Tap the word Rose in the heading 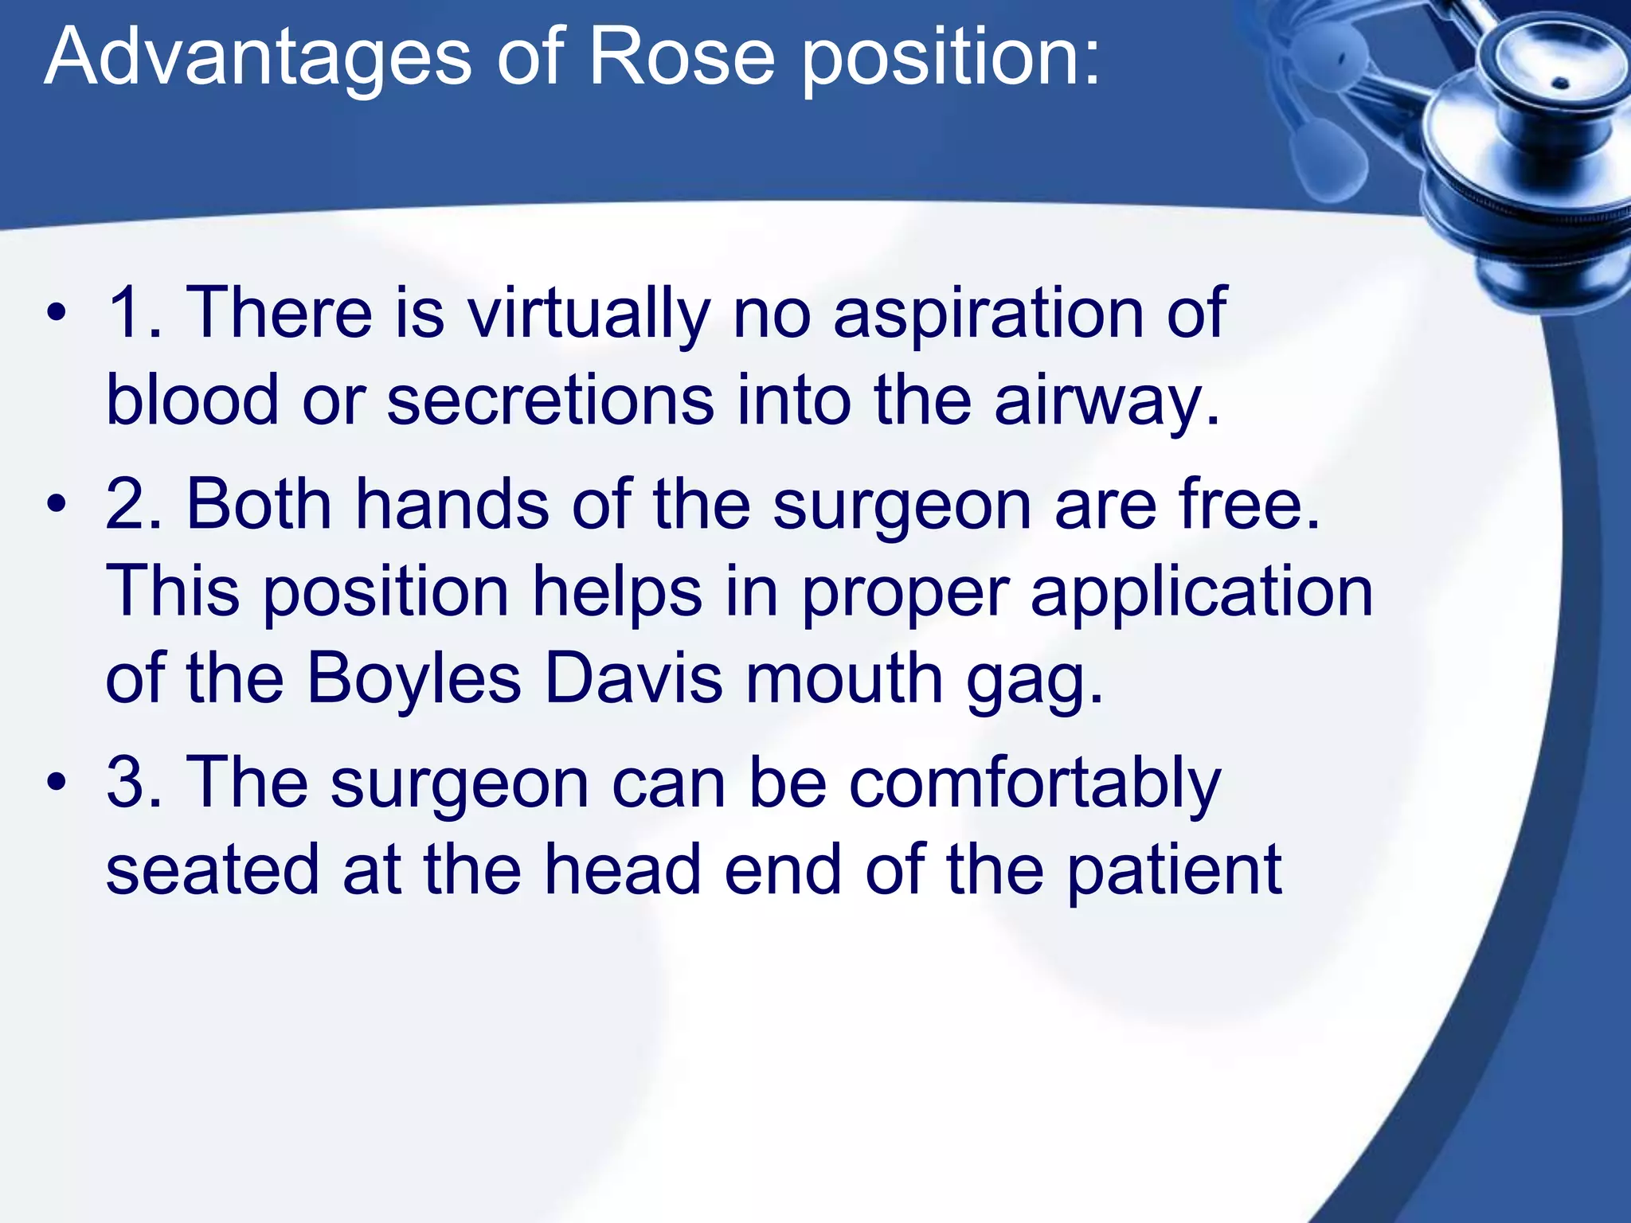681,58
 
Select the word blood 192,400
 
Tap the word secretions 550,400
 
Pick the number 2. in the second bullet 134,505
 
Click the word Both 259,505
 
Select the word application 1202,594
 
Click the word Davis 634,679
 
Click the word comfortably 1035,784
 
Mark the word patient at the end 1174,871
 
